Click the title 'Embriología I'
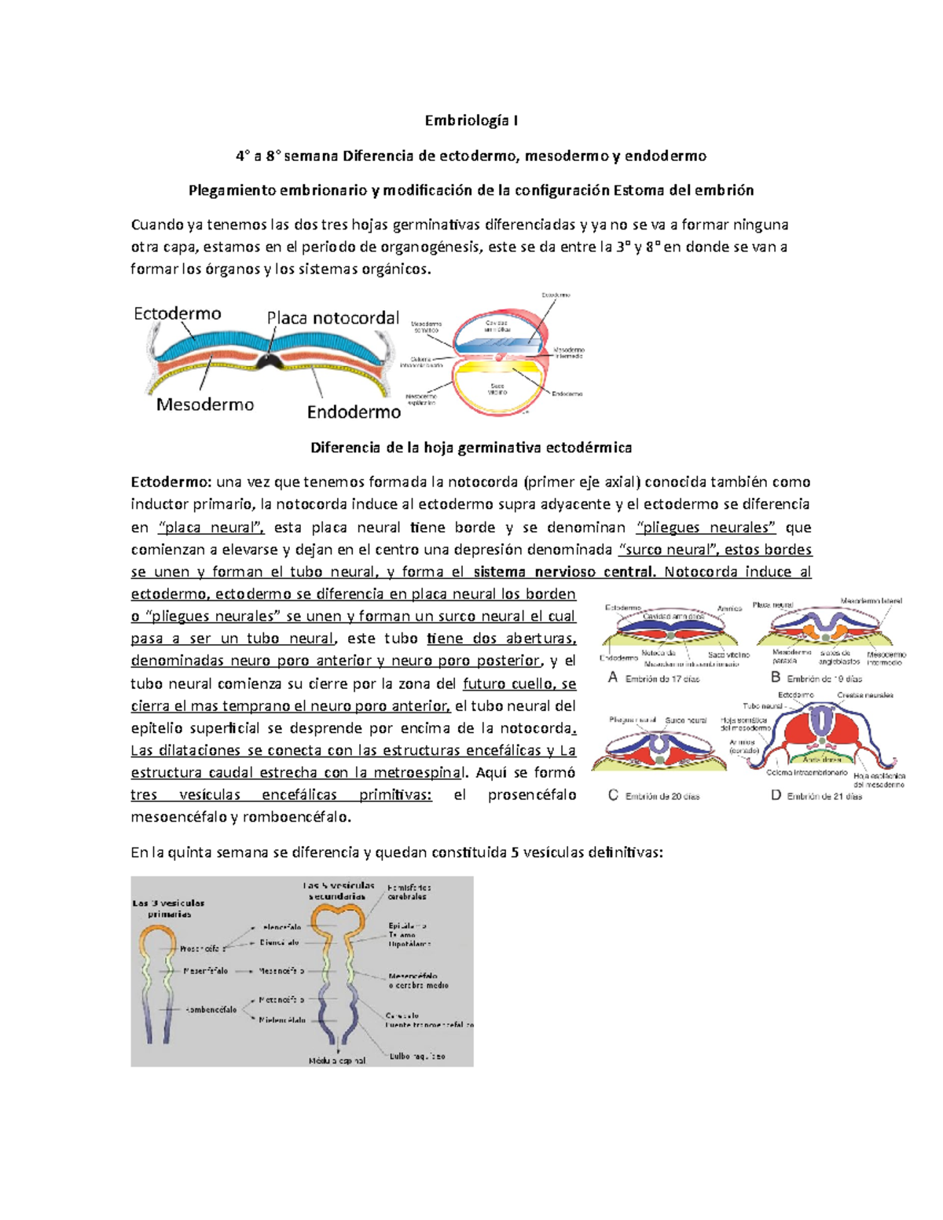click(471, 120)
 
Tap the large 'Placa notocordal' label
click(332, 318)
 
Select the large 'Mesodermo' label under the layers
click(205, 405)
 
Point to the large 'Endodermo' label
click(354, 412)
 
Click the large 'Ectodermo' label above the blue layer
click(178, 313)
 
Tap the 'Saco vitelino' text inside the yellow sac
click(497, 389)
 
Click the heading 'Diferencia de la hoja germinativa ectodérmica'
click(471, 448)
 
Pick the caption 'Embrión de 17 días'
click(662, 679)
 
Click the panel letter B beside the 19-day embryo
click(775, 677)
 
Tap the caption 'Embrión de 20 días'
click(662, 796)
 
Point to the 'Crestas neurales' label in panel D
click(864, 695)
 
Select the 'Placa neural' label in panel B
click(772, 605)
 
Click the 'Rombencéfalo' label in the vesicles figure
click(211, 1009)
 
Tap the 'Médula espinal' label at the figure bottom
click(336, 1061)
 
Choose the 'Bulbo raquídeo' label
click(417, 1057)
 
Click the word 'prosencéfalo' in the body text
click(531, 795)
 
